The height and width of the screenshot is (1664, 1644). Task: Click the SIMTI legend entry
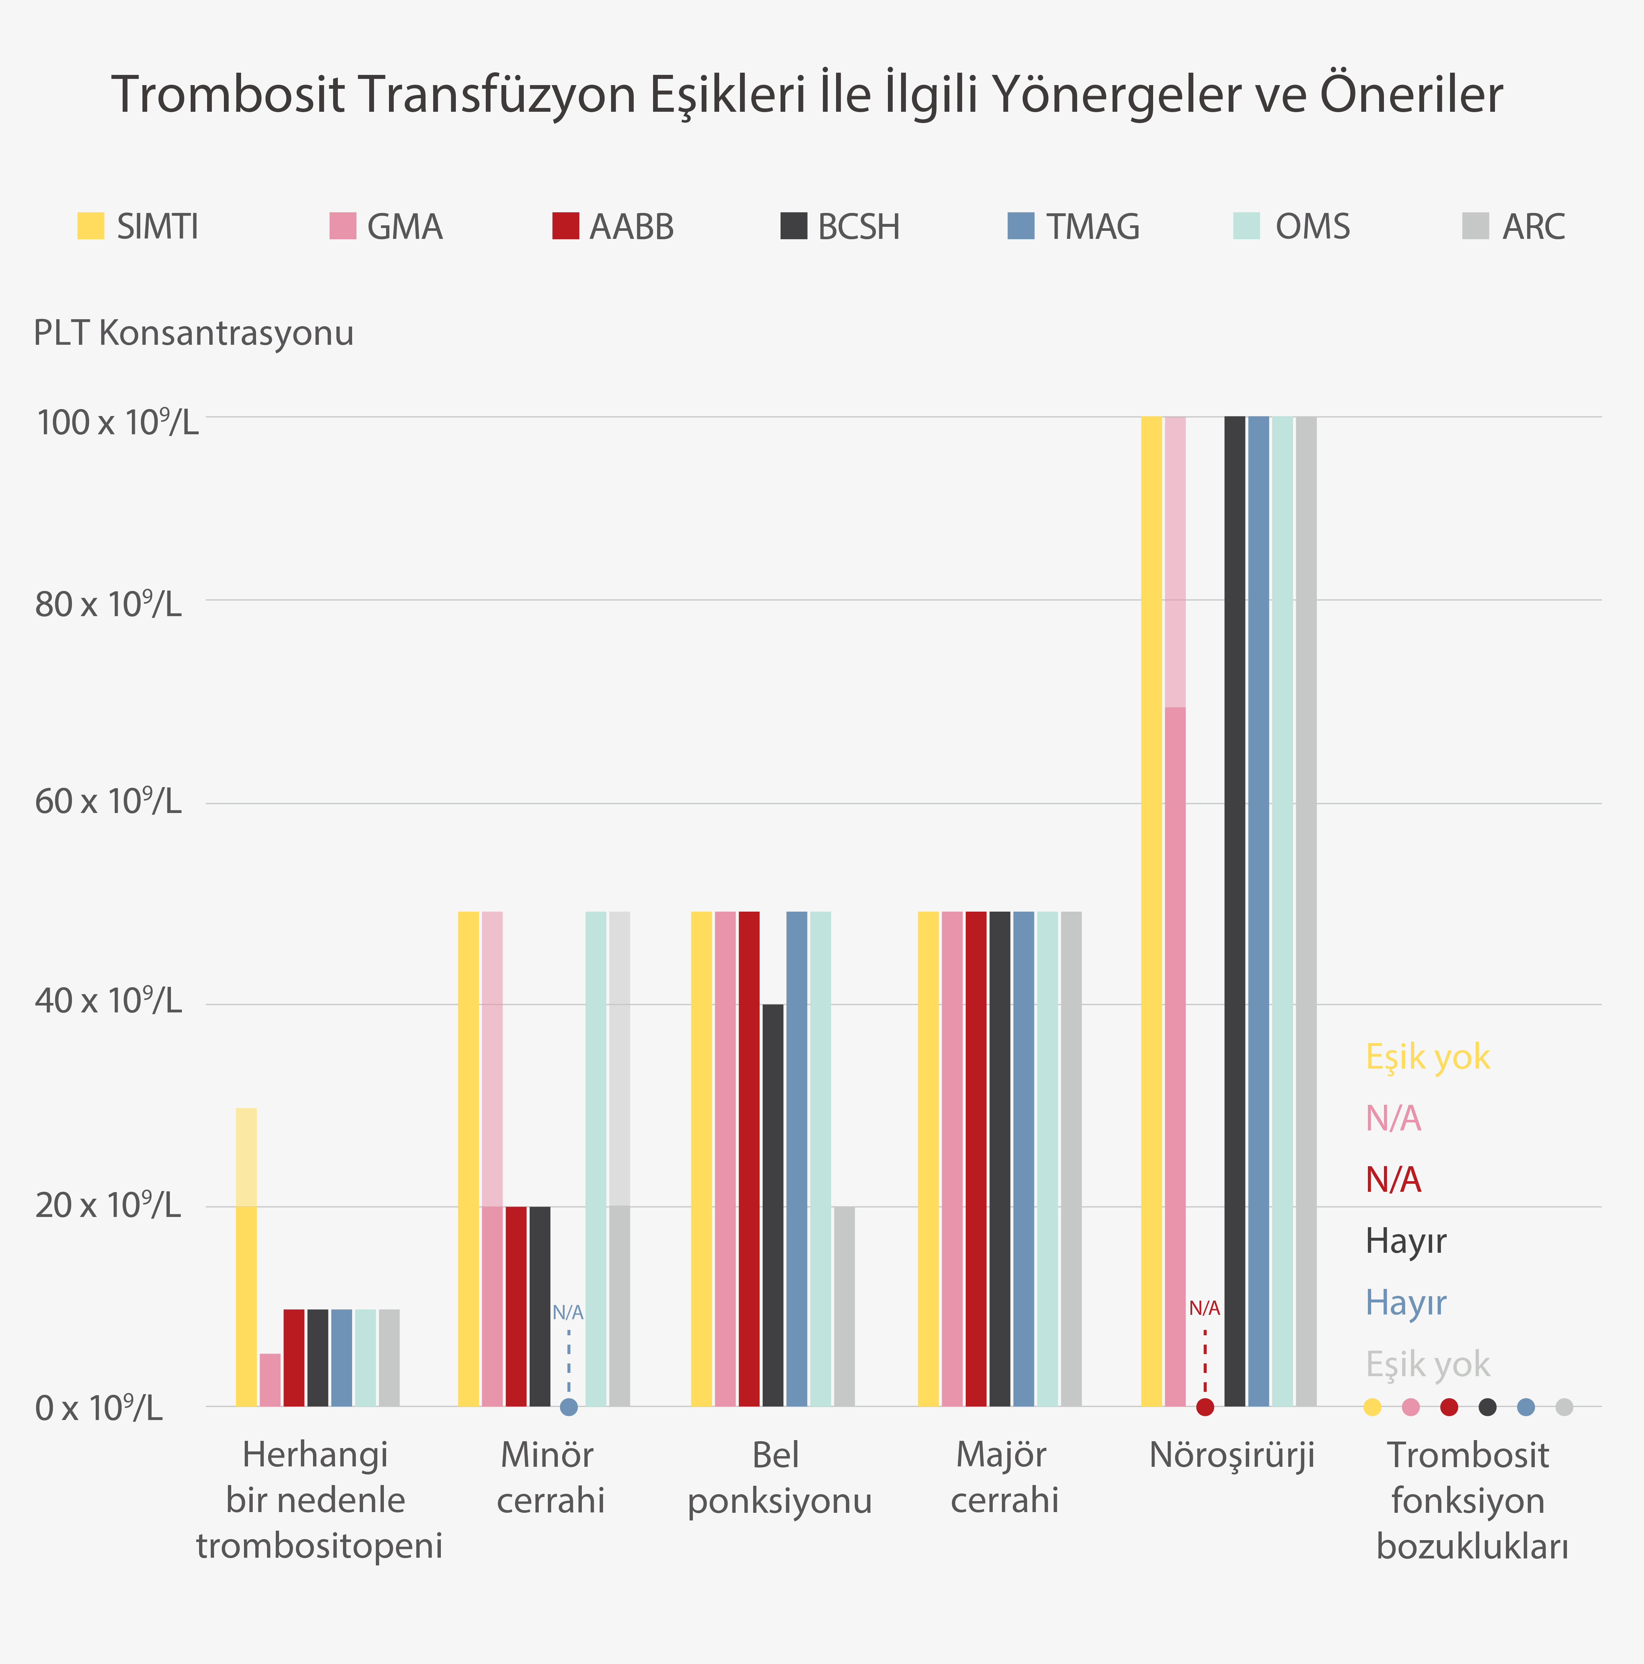click(x=138, y=226)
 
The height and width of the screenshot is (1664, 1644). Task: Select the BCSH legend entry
click(x=840, y=226)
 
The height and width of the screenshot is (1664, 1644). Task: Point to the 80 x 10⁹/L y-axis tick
click(x=108, y=604)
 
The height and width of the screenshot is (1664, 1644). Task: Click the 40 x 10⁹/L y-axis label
click(x=108, y=1000)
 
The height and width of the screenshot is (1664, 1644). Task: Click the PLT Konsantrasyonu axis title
click(x=194, y=332)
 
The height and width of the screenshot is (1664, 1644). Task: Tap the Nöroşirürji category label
click(x=1232, y=1455)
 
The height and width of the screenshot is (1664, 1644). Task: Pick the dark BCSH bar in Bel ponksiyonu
click(x=773, y=1206)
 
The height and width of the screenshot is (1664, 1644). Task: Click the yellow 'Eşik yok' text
click(x=1427, y=1057)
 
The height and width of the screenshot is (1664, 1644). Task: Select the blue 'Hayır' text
click(x=1405, y=1302)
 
